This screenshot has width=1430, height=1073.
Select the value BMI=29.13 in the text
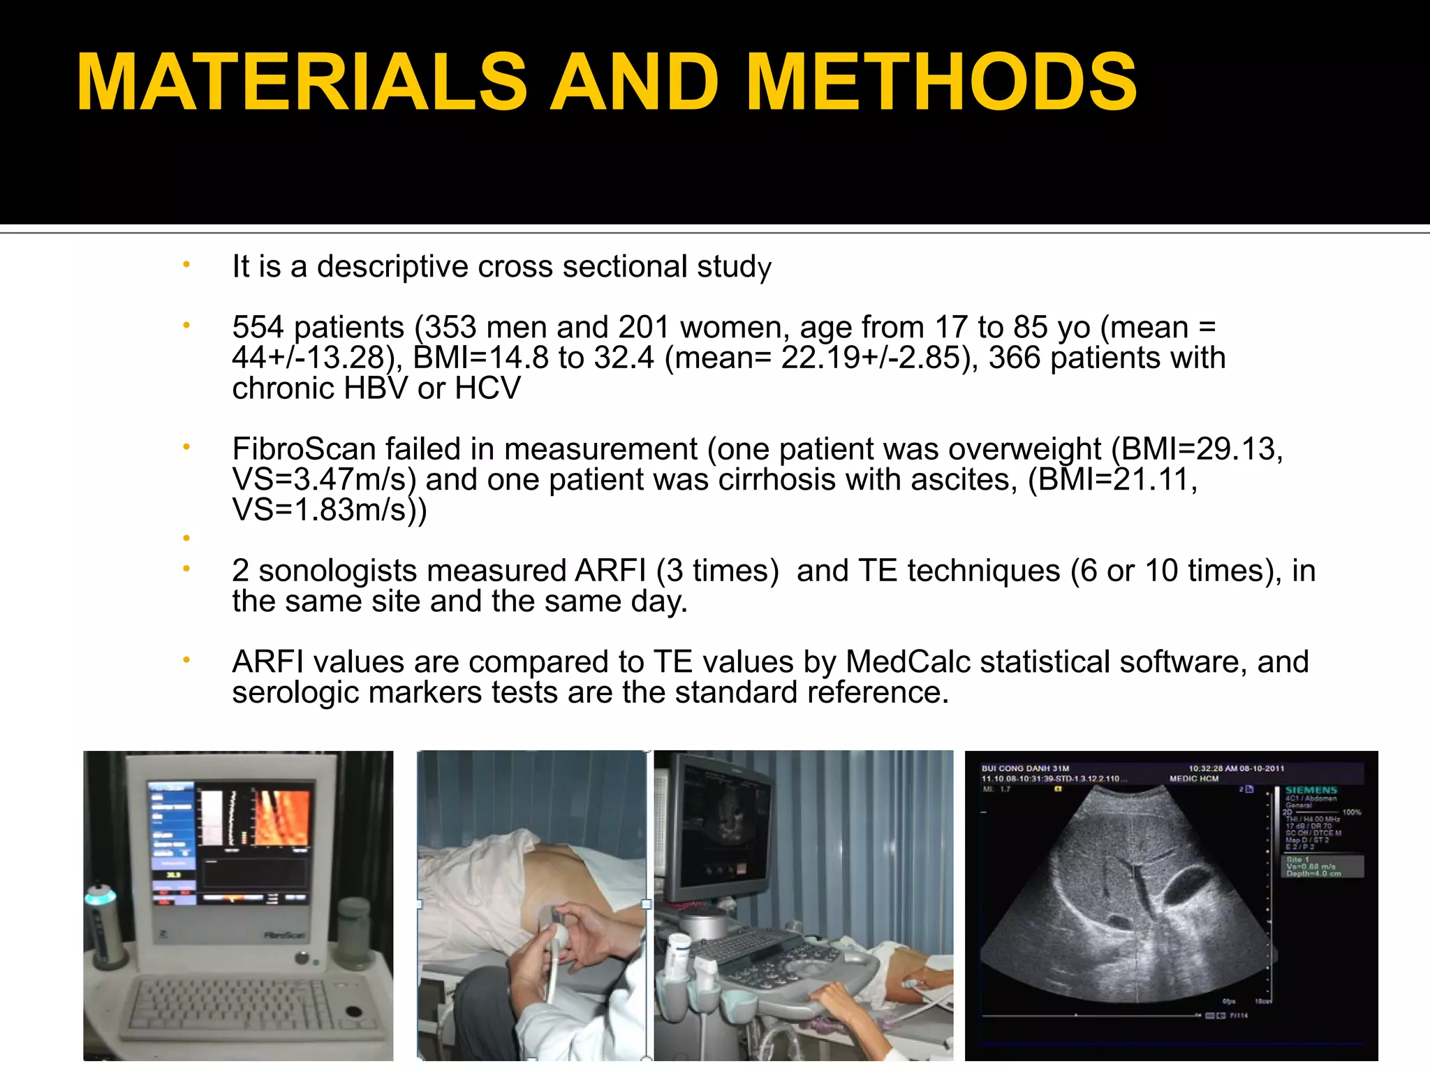click(1195, 449)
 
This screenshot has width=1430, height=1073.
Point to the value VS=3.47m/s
click(324, 480)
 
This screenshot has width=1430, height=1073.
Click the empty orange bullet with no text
click(186, 538)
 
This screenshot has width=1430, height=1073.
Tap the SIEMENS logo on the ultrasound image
click(1311, 790)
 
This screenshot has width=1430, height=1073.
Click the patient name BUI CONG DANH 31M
click(1025, 768)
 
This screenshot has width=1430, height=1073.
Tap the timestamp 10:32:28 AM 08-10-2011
click(1236, 768)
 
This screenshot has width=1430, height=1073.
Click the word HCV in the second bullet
click(487, 388)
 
